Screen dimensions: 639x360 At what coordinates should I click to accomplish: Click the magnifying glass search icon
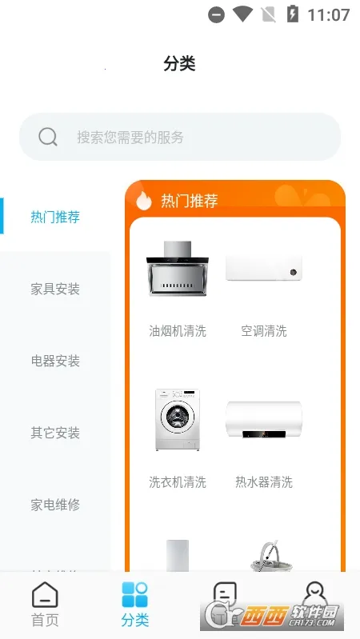tap(48, 137)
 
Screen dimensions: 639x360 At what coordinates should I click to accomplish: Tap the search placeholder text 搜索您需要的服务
tap(130, 137)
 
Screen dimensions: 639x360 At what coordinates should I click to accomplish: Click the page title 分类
tap(179, 64)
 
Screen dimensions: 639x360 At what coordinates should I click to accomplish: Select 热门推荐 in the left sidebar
tap(55, 217)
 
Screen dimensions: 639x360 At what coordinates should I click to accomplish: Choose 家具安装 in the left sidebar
tap(55, 289)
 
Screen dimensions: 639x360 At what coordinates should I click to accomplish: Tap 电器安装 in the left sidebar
tap(55, 361)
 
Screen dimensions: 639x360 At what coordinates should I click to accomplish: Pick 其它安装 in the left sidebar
tap(55, 433)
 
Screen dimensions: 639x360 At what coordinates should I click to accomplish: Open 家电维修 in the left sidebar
tap(55, 505)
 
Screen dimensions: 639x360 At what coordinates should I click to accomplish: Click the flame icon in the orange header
tap(144, 200)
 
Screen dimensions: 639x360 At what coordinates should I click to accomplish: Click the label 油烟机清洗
tap(177, 330)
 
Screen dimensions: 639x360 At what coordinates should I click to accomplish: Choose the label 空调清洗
tap(264, 330)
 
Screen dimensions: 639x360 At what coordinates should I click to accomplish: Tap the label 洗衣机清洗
tap(177, 481)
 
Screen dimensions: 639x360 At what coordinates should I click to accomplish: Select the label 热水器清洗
tap(264, 481)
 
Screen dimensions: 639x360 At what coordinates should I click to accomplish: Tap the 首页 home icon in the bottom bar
tap(45, 596)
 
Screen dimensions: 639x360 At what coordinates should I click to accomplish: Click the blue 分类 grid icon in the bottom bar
tap(135, 596)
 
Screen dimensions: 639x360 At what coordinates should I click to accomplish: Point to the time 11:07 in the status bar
tap(329, 14)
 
